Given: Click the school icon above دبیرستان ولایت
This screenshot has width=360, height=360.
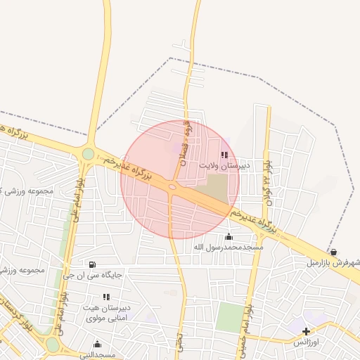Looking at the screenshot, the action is [224, 155].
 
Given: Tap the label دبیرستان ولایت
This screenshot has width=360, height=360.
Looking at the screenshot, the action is [224, 167].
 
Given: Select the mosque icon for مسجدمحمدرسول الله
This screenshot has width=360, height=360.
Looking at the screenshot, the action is [228, 236].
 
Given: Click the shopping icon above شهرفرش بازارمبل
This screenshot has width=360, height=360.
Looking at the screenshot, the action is [333, 252].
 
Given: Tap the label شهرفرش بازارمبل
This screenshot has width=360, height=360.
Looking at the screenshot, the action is [333, 263].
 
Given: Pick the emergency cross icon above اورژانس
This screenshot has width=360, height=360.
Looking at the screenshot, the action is [305, 331].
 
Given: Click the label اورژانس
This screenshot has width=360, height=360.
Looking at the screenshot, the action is [306, 342].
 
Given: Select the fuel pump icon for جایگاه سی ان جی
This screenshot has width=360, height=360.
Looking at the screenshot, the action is [94, 264].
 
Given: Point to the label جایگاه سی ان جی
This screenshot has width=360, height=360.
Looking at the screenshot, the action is [93, 275].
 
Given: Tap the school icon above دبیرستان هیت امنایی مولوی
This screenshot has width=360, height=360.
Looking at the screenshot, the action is [106, 297].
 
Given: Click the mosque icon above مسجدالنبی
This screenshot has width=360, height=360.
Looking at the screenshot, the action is [97, 345].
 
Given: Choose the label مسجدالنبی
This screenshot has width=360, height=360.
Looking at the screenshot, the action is [97, 355].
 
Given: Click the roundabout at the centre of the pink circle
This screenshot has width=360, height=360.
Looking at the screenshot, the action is [173, 186].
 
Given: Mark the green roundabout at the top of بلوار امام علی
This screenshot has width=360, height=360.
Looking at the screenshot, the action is [88, 153].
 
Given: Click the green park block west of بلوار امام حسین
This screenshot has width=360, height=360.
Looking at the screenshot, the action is [228, 317].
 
